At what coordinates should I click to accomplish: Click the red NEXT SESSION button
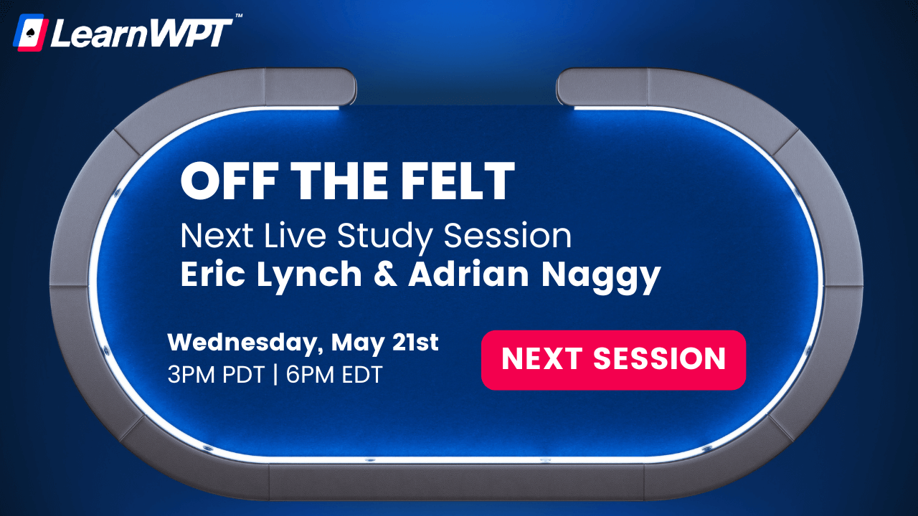click(x=613, y=360)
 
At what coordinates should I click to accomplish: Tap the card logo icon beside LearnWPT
click(x=30, y=33)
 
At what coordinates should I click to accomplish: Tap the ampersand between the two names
click(x=385, y=276)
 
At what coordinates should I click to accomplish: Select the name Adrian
click(x=466, y=275)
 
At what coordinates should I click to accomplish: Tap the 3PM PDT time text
click(x=214, y=374)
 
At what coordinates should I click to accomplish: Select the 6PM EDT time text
click(x=334, y=374)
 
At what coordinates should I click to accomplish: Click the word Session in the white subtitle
click(x=508, y=236)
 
